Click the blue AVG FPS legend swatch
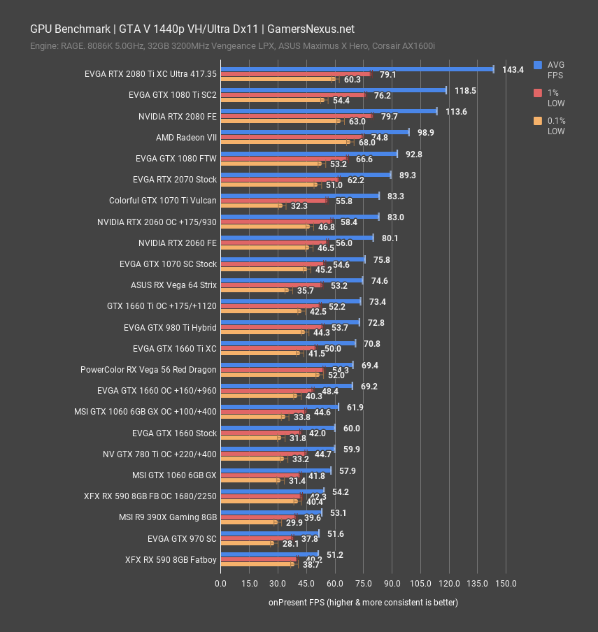(x=538, y=64)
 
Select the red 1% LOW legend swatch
(x=538, y=92)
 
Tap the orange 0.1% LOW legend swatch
(x=538, y=121)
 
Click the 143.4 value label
(x=513, y=69)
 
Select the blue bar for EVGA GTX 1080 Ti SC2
(x=333, y=89)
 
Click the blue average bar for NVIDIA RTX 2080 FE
(x=329, y=110)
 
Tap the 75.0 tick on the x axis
(x=363, y=584)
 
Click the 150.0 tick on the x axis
(x=506, y=584)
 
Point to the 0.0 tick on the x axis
(x=220, y=584)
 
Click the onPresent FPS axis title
(x=363, y=602)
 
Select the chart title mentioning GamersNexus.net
(x=192, y=29)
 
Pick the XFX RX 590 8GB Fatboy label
(x=171, y=560)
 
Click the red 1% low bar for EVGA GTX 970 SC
(x=256, y=538)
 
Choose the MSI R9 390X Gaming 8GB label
(x=168, y=517)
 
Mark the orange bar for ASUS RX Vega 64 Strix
(x=254, y=290)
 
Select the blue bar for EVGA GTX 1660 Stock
(x=278, y=427)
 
